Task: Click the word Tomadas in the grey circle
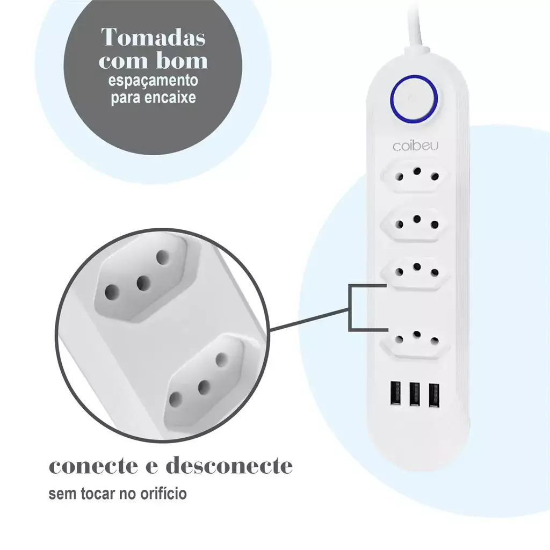point(153,37)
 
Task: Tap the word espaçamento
point(153,81)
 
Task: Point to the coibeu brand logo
point(416,146)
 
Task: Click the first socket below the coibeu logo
point(416,176)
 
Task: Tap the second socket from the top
point(416,224)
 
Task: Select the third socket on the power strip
point(416,271)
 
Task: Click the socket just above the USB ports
point(416,340)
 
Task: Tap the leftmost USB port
point(395,394)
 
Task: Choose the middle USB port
point(414,394)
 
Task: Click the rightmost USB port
point(434,394)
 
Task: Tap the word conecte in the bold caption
point(93,466)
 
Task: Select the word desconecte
point(229,465)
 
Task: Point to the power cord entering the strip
point(416,25)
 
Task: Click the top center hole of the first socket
point(417,171)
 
